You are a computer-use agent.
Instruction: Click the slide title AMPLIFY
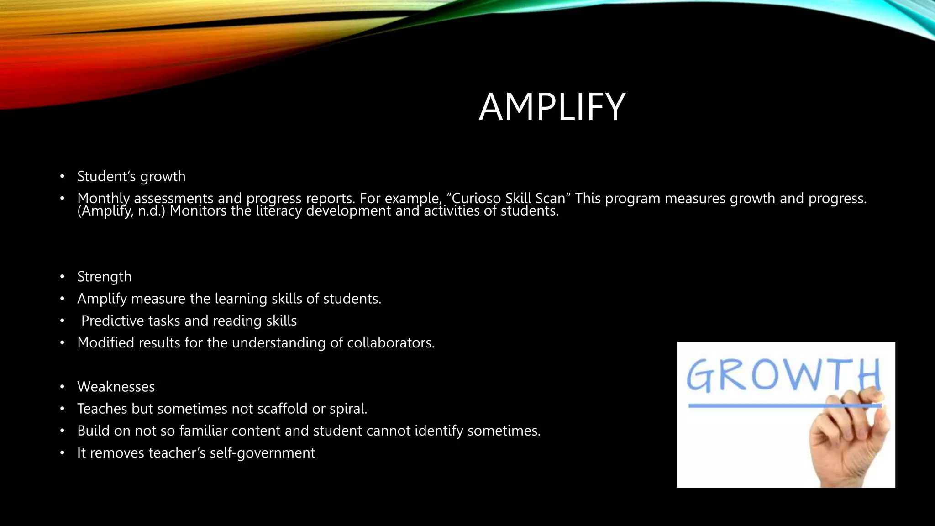point(552,107)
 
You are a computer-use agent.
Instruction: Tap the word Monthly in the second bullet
point(103,199)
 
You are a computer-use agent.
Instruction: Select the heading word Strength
point(104,277)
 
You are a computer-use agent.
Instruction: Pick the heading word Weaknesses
point(116,387)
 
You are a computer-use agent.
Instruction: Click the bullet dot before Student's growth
point(62,177)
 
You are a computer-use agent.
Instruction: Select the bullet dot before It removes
point(62,453)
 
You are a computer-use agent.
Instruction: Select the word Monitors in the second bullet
point(198,211)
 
